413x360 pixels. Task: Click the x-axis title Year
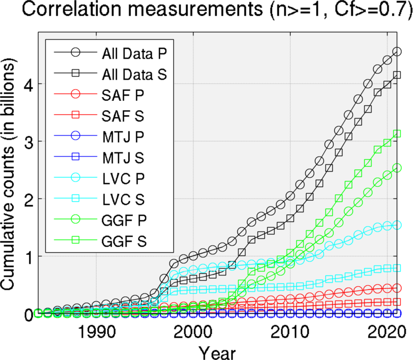click(217, 352)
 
